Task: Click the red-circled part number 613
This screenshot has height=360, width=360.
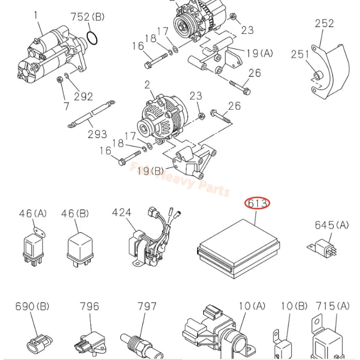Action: [x=257, y=204]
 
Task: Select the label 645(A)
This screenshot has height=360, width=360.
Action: [x=332, y=225]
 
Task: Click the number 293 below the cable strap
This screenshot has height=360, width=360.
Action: [x=97, y=134]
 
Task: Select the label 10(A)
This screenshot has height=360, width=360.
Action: [x=252, y=306]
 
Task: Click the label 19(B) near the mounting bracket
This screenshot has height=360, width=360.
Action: [x=151, y=171]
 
